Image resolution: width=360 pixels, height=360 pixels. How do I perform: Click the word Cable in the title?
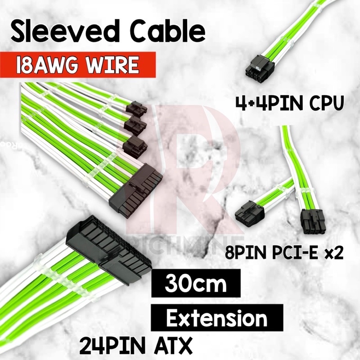point(162,33)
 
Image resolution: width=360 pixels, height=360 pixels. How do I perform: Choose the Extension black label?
point(216,318)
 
